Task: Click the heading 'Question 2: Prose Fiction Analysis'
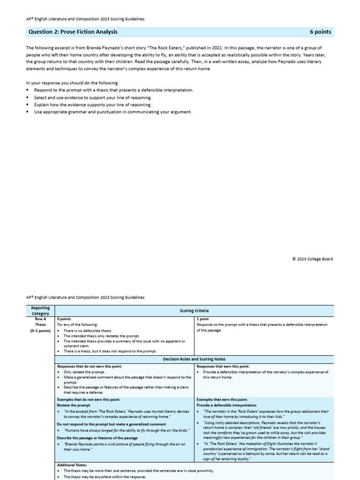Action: [x=73, y=32]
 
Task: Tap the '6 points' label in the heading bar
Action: [x=320, y=32]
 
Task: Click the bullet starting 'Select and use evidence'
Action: [x=92, y=97]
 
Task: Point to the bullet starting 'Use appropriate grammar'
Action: [x=112, y=112]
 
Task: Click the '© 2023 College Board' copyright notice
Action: [x=312, y=259]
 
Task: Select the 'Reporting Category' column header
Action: [x=40, y=310]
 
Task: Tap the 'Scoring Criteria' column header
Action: [x=194, y=310]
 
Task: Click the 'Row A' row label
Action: [x=40, y=319]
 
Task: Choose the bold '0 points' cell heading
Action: [x=64, y=319]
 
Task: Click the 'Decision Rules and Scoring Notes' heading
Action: [x=194, y=359]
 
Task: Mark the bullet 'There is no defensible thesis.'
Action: [x=90, y=330]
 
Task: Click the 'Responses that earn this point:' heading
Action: [x=223, y=366]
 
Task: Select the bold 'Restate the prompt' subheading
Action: [x=74, y=405]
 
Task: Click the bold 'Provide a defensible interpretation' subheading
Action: [x=226, y=405]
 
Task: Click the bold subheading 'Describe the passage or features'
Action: [x=97, y=438]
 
